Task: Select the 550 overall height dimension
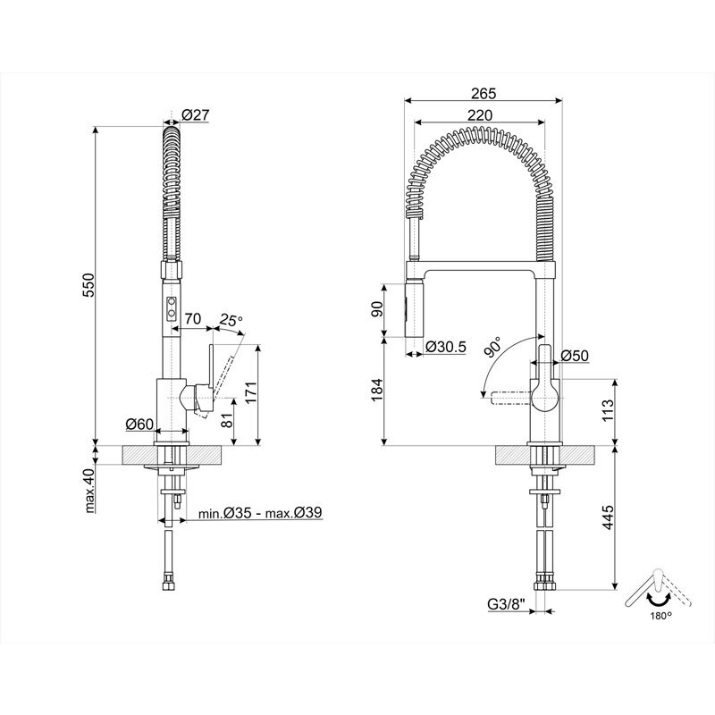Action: [88, 284]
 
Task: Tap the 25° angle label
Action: [231, 319]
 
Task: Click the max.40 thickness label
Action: [89, 492]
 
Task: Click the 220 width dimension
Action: [480, 114]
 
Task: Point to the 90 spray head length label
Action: [378, 309]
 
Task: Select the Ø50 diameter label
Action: [575, 357]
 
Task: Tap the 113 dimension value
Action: [608, 409]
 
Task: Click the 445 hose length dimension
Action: [608, 518]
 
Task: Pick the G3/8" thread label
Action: [505, 604]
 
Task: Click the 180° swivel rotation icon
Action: [657, 593]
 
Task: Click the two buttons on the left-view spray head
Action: [169, 310]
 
